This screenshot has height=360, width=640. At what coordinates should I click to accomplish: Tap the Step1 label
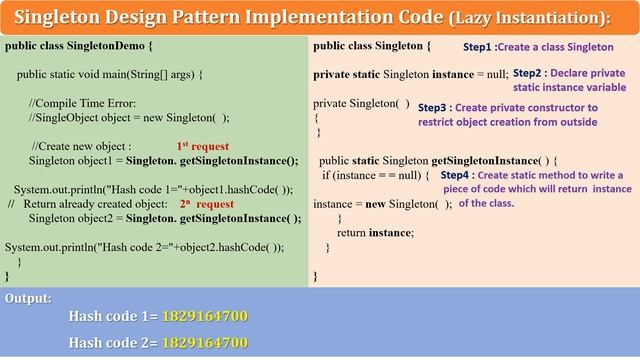point(477,47)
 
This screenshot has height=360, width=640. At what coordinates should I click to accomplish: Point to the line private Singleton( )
point(361,103)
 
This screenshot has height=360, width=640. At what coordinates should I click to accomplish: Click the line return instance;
point(374,232)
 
